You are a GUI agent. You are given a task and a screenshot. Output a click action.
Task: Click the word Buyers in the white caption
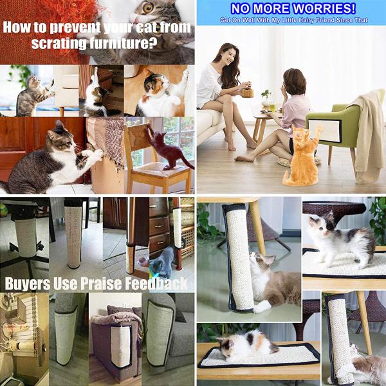(27, 284)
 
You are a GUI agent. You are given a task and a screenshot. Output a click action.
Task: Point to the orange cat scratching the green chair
(302, 156)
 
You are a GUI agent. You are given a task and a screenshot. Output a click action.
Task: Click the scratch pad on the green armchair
(325, 131)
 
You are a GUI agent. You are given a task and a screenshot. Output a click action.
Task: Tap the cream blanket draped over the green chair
(367, 135)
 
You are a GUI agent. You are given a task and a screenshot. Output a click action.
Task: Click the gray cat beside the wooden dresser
(162, 262)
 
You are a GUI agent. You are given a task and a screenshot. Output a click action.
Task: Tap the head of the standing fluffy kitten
(320, 225)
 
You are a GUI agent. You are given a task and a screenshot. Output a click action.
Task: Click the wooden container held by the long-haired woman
(247, 93)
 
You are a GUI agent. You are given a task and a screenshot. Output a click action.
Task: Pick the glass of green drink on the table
(272, 107)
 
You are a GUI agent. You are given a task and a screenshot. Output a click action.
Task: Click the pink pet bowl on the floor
(143, 261)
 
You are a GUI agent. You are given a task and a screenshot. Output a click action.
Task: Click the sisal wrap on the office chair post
(26, 237)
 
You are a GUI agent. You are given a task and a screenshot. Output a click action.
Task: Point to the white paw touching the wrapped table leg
(262, 306)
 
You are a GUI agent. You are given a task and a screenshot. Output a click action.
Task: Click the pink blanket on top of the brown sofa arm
(116, 318)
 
